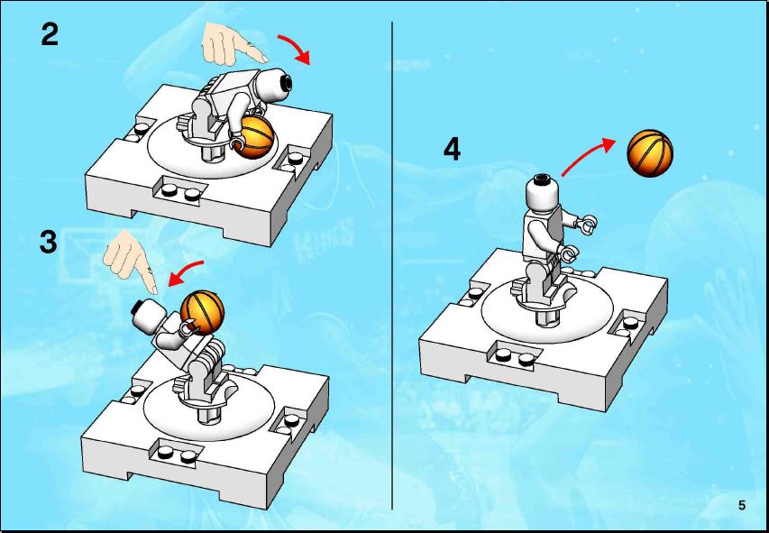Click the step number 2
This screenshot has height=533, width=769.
(x=50, y=34)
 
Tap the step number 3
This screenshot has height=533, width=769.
(x=49, y=242)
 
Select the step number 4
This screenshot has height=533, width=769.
(x=452, y=149)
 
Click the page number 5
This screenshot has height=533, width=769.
(x=742, y=505)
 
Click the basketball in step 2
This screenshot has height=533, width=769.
(x=254, y=137)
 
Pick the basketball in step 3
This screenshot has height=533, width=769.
(x=202, y=312)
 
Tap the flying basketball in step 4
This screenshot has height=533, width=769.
(x=650, y=153)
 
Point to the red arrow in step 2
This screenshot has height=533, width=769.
(x=298, y=47)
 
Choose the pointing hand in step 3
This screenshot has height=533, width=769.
(x=131, y=261)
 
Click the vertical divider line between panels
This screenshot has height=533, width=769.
(x=392, y=265)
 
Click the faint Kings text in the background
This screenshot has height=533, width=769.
(x=324, y=237)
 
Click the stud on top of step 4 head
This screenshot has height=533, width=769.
(x=542, y=179)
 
